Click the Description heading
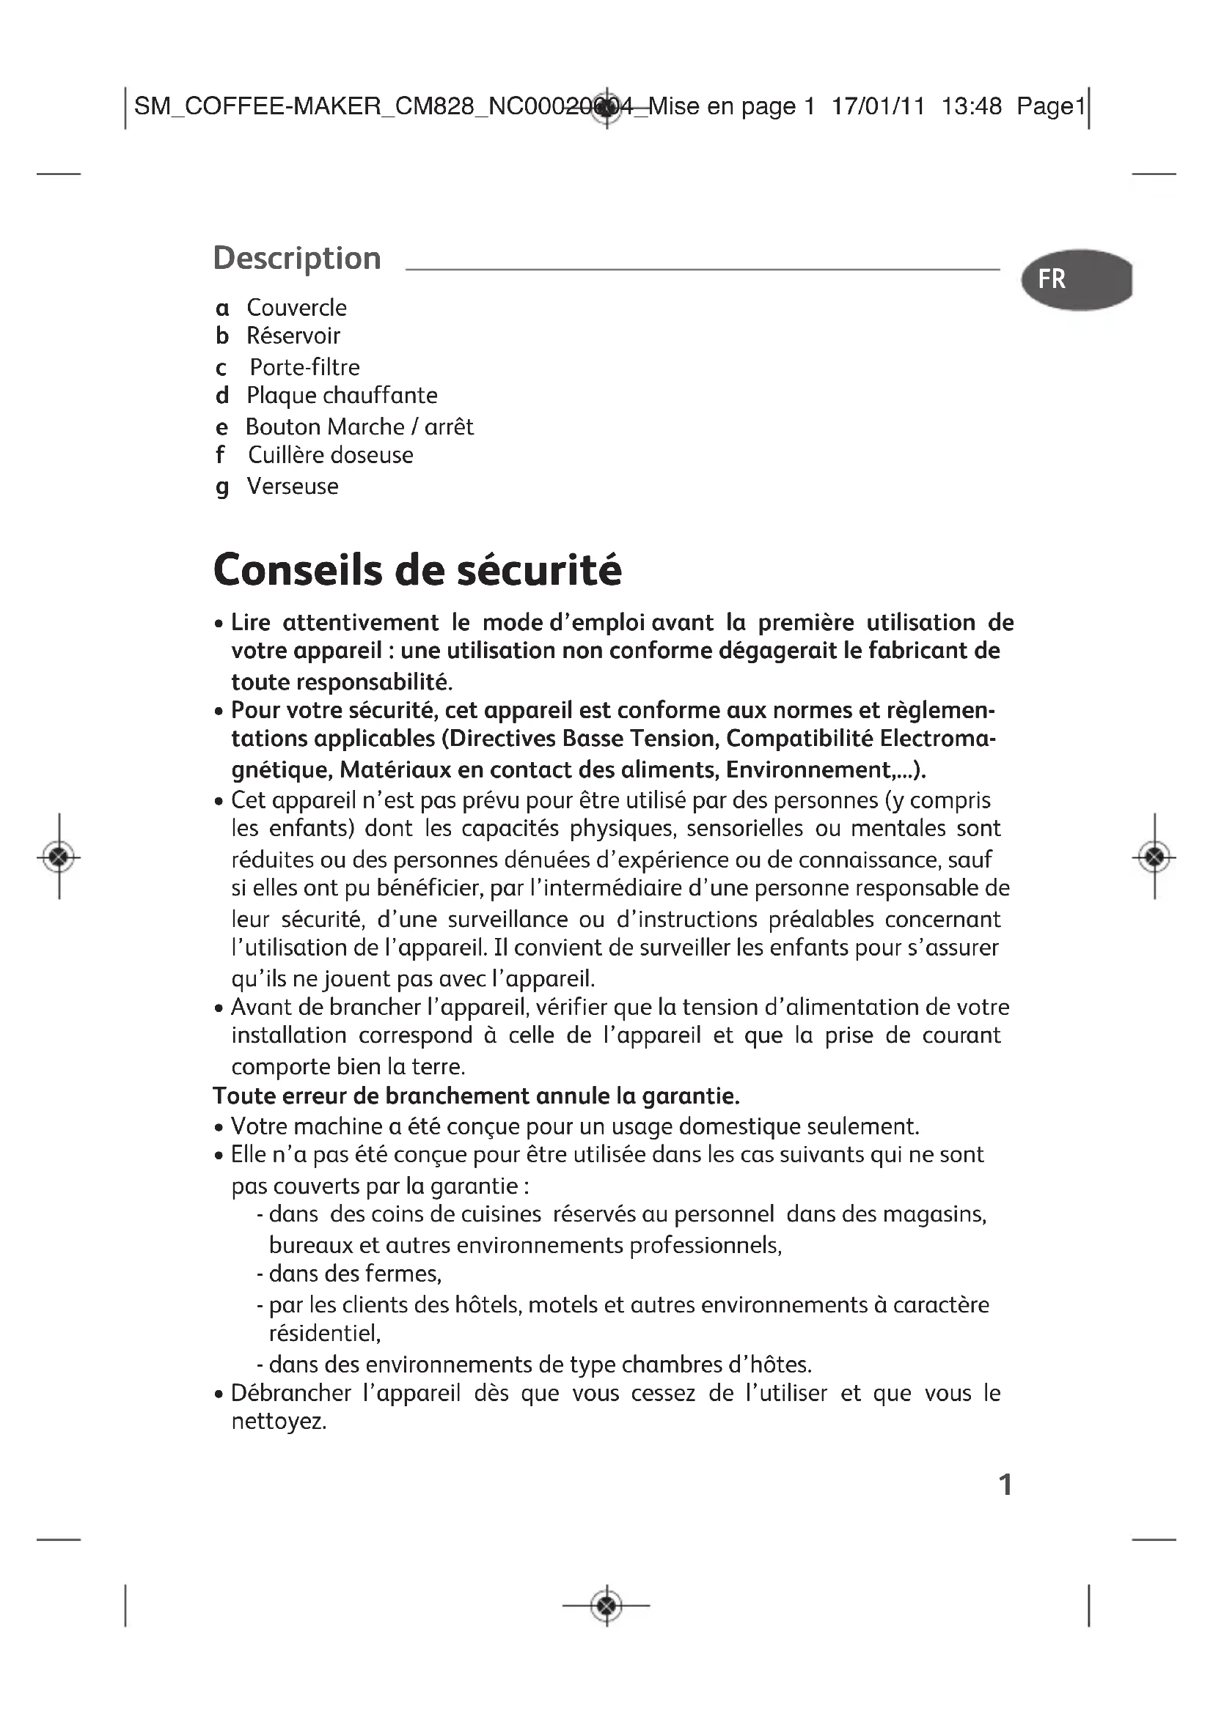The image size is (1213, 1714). [x=297, y=258]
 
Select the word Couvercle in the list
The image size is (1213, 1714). [x=296, y=308]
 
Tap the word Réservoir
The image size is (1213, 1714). [x=293, y=336]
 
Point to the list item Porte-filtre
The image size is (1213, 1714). [x=304, y=367]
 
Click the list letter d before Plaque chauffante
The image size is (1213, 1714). [x=221, y=396]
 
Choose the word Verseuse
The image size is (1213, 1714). [x=292, y=487]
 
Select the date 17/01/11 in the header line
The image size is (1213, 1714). [x=878, y=107]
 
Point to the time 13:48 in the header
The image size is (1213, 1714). [x=971, y=107]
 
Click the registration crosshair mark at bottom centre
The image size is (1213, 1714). [x=606, y=1604]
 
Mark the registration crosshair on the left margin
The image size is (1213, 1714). [x=59, y=856]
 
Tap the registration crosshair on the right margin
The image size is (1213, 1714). [x=1154, y=856]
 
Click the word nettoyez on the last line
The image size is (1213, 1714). [x=278, y=1422]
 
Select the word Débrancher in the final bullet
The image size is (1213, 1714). [x=290, y=1393]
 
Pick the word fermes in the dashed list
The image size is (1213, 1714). [x=403, y=1274]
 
